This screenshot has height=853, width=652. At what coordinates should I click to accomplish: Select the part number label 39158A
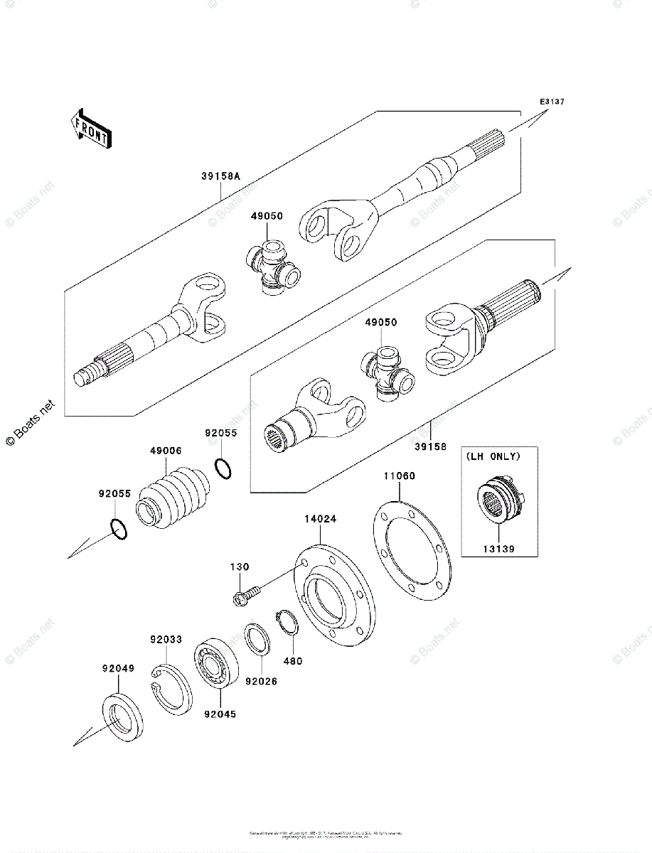pyautogui.click(x=220, y=176)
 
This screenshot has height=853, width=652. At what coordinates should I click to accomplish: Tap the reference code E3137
pyautogui.click(x=551, y=102)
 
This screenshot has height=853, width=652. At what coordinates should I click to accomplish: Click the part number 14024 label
pyautogui.click(x=321, y=520)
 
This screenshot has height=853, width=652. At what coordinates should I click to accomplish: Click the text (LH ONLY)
pyautogui.click(x=493, y=456)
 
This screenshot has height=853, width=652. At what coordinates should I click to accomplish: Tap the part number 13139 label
pyautogui.click(x=497, y=549)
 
